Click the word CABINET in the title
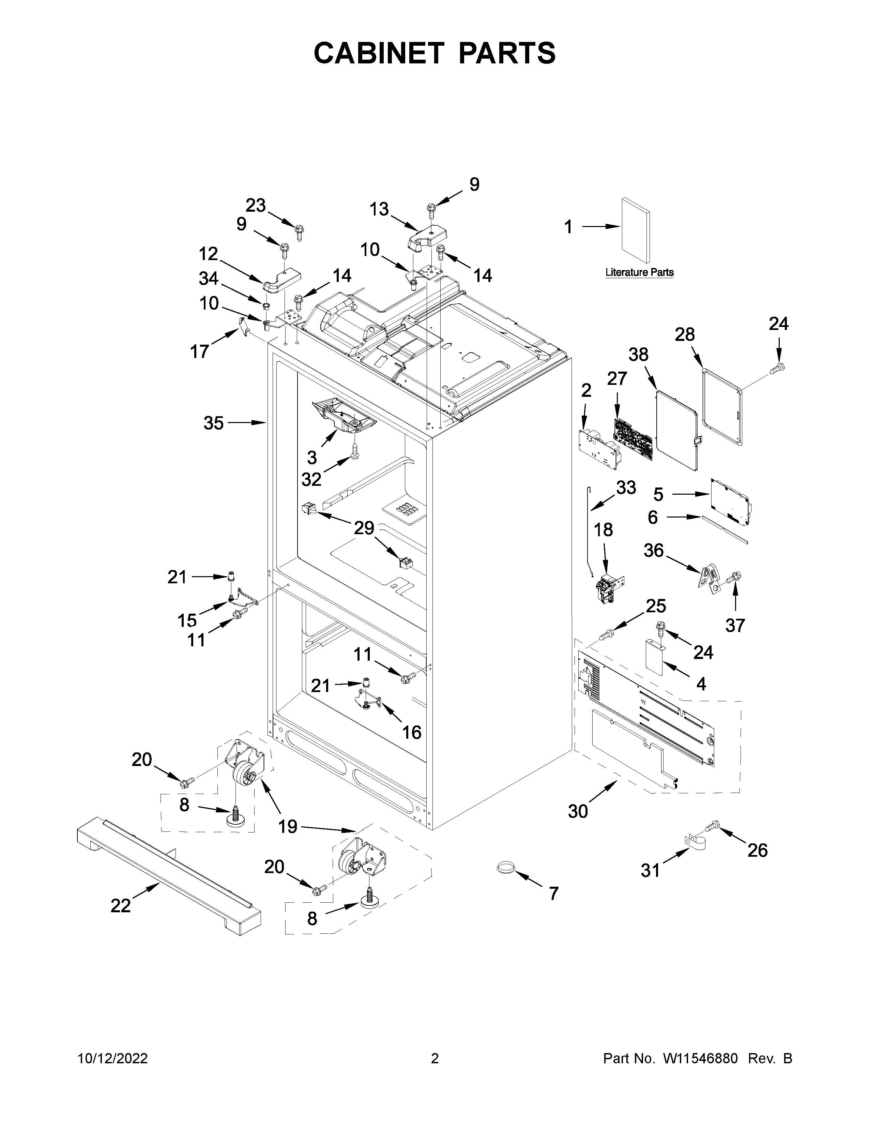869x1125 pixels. pos(378,53)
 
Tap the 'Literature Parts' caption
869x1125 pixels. pos(639,272)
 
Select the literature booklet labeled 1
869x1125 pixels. pos(635,230)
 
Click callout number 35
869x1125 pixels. pos(213,423)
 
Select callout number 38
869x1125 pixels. pos(638,356)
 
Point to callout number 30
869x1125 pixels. pos(578,811)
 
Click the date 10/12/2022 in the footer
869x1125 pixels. pos(113,1058)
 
